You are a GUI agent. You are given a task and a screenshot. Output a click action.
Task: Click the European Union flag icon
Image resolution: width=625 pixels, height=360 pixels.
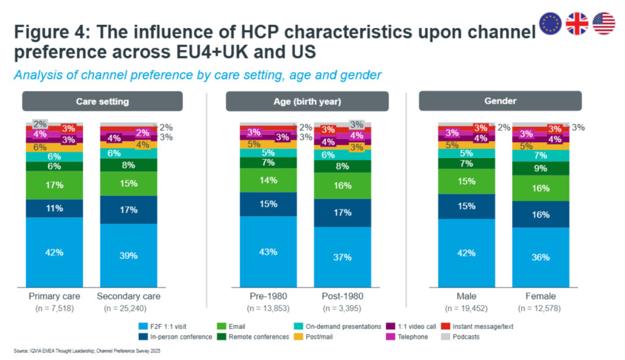(551, 23)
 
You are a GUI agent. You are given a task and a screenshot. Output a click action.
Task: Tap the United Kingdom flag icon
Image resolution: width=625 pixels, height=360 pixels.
(577, 23)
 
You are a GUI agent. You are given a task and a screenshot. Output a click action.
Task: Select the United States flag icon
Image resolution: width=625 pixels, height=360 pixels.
(604, 23)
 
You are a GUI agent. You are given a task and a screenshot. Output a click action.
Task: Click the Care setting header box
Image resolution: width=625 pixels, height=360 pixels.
(103, 101)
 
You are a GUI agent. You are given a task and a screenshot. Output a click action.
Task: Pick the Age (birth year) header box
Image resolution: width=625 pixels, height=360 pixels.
(307, 101)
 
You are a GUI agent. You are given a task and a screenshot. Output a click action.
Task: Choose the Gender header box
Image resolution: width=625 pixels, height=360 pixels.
(500, 101)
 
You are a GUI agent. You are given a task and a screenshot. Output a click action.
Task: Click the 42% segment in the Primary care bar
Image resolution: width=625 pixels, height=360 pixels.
(54, 252)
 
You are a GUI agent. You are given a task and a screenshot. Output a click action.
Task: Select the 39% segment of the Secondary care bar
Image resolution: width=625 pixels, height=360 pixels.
(128, 255)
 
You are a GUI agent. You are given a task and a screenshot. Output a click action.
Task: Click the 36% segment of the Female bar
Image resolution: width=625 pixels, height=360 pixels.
(541, 257)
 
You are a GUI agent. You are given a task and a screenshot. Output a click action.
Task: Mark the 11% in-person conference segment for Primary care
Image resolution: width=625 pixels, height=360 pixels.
(54, 208)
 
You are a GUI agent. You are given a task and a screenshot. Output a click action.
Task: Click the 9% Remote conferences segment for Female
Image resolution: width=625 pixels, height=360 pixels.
(541, 168)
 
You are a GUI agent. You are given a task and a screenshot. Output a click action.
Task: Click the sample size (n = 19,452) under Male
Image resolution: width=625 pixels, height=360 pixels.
(467, 308)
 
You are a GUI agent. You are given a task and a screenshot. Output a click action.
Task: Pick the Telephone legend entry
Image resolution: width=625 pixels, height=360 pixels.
(410, 337)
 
